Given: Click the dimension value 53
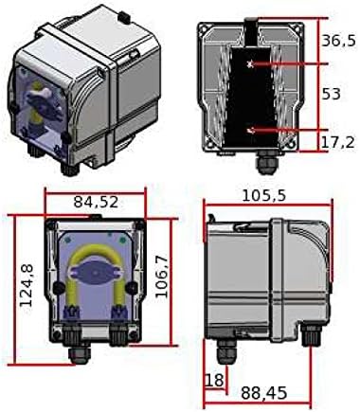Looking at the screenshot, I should pyautogui.click(x=330, y=96).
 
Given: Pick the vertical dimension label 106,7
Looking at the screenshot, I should pyautogui.click(x=162, y=277).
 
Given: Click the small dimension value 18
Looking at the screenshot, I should pyautogui.click(x=215, y=380).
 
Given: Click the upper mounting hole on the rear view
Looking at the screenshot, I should pyautogui.click(x=251, y=63).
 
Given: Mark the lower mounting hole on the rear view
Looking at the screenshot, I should pyautogui.click(x=251, y=129).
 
